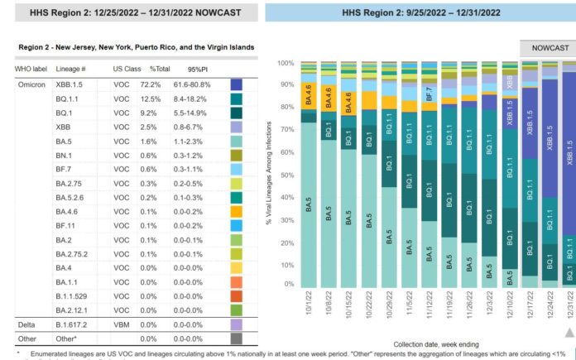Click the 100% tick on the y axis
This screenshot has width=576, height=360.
[285, 64]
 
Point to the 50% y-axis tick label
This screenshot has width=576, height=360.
[286, 174]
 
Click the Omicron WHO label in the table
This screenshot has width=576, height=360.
[32, 85]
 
